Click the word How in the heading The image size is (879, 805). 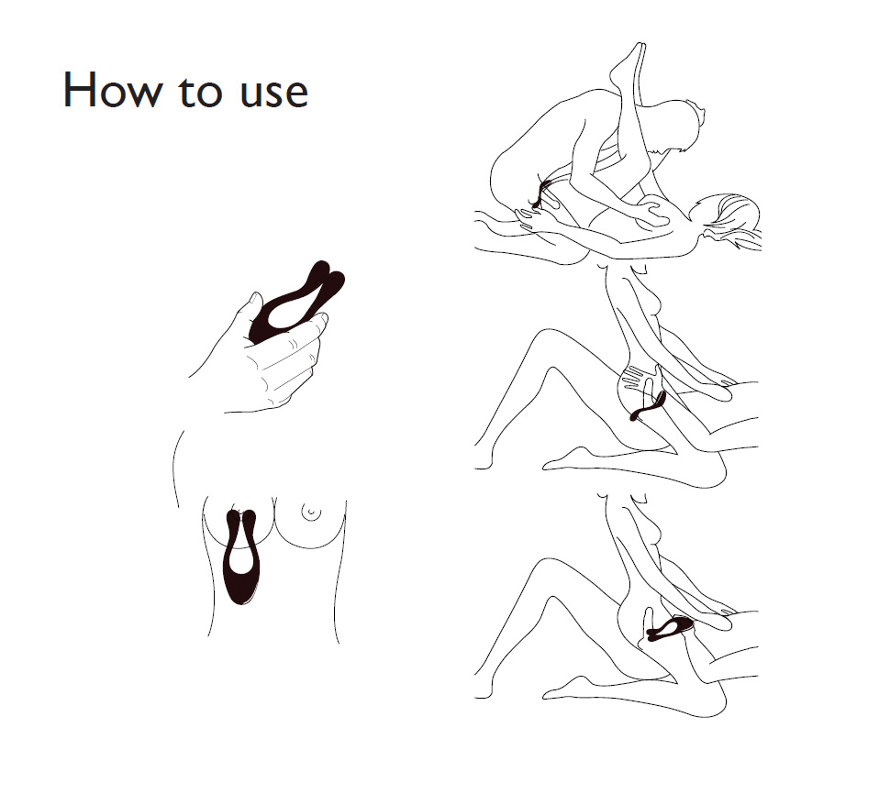click(x=113, y=90)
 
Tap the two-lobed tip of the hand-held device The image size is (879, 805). click(x=328, y=276)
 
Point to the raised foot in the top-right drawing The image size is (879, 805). click(x=630, y=61)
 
